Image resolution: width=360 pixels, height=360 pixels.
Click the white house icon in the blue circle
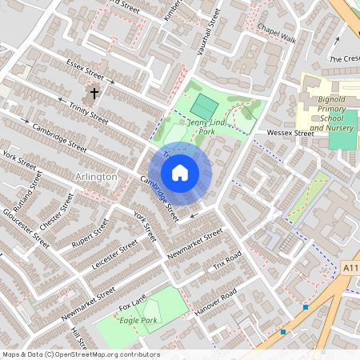click(180, 173)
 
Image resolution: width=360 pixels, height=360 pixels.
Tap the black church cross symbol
click(94, 94)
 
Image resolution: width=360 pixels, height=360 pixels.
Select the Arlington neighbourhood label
click(95, 176)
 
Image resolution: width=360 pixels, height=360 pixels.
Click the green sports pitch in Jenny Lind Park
click(203, 105)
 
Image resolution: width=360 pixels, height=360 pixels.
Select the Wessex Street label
click(290, 133)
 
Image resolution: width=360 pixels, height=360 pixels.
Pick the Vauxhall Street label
click(209, 29)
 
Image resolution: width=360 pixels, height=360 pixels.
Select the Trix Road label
click(226, 262)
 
